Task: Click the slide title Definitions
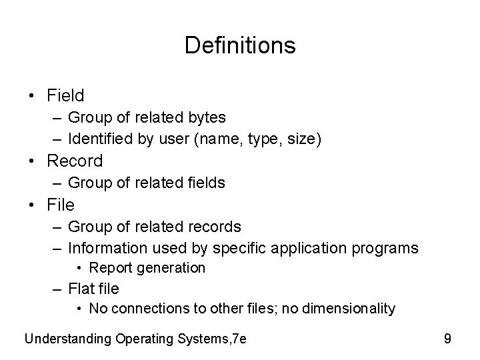pos(240,45)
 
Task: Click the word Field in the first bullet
pos(65,95)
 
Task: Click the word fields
pos(205,183)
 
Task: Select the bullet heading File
pos(60,204)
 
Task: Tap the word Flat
pos(81,289)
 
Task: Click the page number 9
pos(447,339)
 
